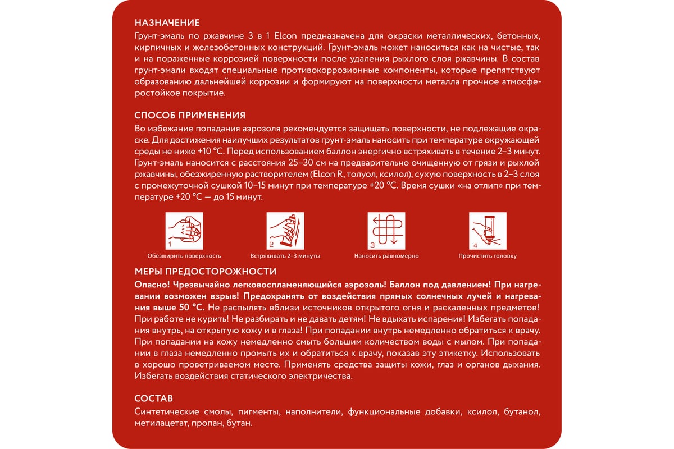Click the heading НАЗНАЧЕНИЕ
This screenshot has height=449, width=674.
click(x=167, y=23)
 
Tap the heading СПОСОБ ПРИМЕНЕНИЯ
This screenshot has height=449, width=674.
click(x=190, y=116)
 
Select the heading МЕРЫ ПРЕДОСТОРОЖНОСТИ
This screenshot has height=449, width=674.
click(x=205, y=272)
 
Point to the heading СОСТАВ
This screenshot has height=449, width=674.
click(x=154, y=399)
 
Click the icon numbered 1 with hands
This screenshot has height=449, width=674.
click(x=184, y=231)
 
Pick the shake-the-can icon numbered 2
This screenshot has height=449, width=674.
click(x=285, y=231)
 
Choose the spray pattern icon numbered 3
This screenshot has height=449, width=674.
click(x=386, y=231)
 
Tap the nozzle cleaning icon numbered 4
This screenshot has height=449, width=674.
click(x=488, y=231)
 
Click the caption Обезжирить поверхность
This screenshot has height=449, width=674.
click(x=184, y=256)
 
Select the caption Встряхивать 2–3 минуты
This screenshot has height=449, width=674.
click(x=285, y=256)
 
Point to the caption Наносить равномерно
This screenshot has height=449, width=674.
click(x=386, y=256)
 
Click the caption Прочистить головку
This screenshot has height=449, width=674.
click(x=488, y=256)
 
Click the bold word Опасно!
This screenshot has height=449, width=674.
click(x=152, y=285)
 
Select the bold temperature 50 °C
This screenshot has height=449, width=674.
click(x=191, y=308)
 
